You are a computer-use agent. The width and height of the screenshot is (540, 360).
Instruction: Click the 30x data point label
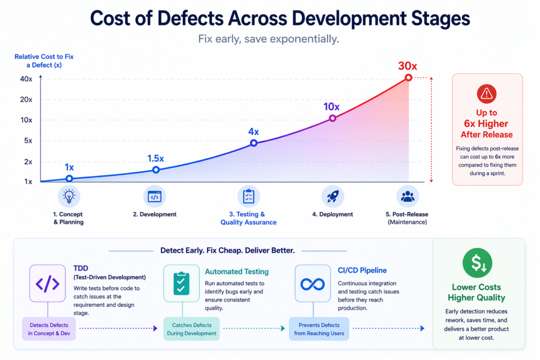tap(407, 66)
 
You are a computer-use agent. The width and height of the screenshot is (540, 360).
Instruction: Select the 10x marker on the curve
tap(332, 118)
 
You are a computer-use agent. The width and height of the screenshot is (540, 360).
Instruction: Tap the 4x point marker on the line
tap(254, 143)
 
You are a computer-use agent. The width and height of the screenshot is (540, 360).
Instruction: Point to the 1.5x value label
tap(155, 158)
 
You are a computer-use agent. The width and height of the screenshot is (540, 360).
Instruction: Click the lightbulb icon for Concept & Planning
tap(69, 196)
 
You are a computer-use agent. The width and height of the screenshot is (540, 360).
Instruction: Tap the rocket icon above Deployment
tap(332, 196)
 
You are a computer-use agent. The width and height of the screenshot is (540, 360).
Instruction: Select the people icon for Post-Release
tap(408, 196)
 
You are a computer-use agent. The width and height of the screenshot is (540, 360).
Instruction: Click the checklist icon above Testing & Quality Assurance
tap(248, 196)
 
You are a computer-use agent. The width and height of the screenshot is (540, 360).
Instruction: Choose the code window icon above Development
tap(155, 196)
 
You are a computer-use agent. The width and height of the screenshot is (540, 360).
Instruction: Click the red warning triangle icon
tap(486, 94)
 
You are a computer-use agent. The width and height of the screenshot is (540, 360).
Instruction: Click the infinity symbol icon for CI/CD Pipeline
tap(312, 284)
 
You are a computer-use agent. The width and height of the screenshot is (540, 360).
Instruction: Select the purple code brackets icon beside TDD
tap(47, 284)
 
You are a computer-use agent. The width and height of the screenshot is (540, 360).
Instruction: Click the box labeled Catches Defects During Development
tap(191, 329)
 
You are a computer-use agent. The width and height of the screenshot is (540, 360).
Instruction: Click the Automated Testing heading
tap(236, 271)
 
